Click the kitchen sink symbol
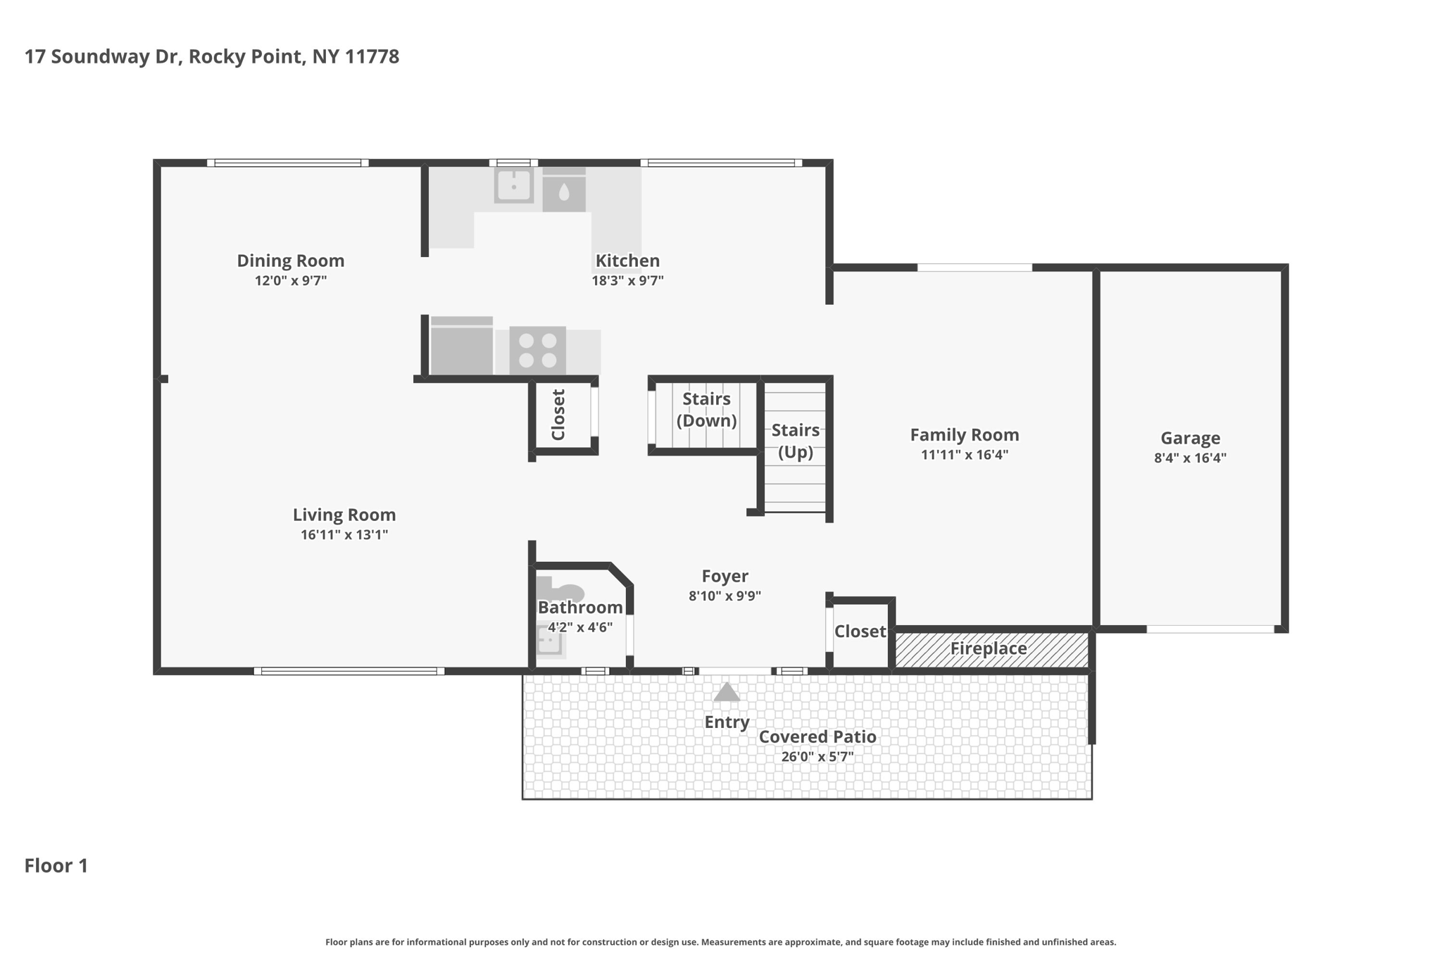click(x=513, y=186)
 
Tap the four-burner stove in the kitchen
click(x=537, y=350)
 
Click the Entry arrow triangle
click(x=727, y=693)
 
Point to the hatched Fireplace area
click(x=991, y=649)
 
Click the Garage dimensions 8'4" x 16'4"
click(x=1190, y=458)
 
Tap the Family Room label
click(x=964, y=435)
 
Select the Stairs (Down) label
click(x=706, y=410)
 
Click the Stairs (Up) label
click(x=796, y=441)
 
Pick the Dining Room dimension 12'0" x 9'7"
click(x=290, y=281)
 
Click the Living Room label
click(x=344, y=515)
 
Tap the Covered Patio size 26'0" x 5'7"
click(x=817, y=757)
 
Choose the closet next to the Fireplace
click(x=860, y=632)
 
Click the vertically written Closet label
click(x=558, y=415)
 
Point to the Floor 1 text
click(x=56, y=865)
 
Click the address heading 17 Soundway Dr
click(x=211, y=56)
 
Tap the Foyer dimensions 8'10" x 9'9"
click(x=725, y=596)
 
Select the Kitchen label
click(x=627, y=260)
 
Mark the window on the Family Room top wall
click(x=974, y=268)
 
